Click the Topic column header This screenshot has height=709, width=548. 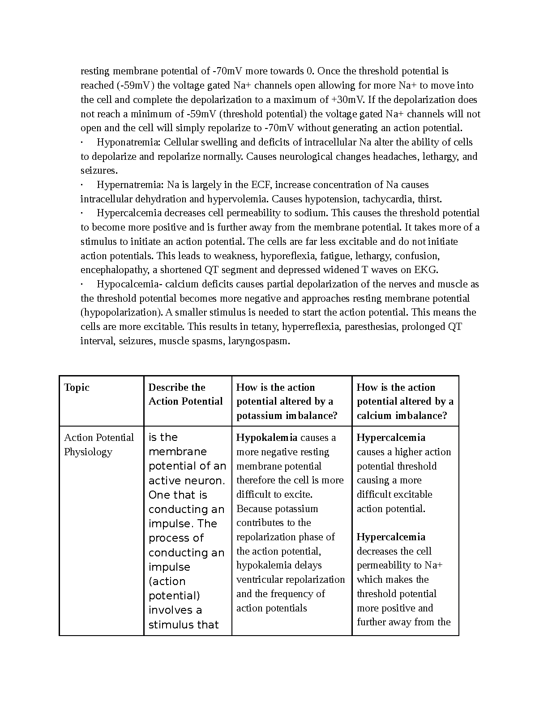click(77, 388)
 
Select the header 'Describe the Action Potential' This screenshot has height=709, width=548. click(185, 394)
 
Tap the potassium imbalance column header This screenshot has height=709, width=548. click(287, 401)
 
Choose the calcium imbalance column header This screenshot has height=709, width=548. click(405, 401)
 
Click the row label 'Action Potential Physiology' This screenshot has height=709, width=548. click(98, 444)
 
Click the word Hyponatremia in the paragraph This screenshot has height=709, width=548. click(128, 142)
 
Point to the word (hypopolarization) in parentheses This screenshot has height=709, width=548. click(118, 312)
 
